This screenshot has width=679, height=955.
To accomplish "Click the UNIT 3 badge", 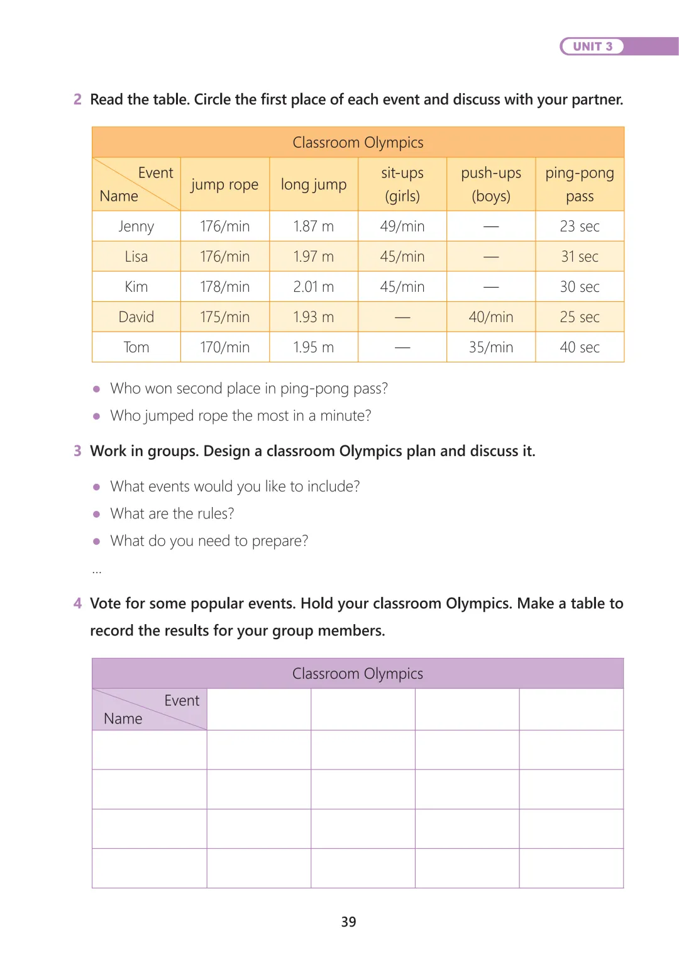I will click(592, 47).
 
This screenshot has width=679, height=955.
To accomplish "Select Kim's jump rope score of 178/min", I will click(224, 287).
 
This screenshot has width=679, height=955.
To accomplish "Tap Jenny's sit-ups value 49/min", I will click(402, 226).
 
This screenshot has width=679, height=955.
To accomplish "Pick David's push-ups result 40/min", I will click(490, 317).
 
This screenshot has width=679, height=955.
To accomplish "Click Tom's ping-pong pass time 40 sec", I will click(580, 347).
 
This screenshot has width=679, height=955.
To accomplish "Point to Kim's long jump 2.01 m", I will click(313, 287).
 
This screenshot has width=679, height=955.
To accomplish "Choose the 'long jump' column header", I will click(313, 184).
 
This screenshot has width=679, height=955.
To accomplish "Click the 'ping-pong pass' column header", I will click(580, 184).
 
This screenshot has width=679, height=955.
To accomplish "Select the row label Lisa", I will click(136, 257).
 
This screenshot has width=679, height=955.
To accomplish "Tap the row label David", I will click(136, 317).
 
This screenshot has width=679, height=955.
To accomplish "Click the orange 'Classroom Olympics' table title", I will click(358, 143).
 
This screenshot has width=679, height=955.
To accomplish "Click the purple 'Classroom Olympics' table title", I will click(358, 674).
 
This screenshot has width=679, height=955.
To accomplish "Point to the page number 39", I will click(348, 922).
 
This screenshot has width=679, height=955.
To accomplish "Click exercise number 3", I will click(77, 451).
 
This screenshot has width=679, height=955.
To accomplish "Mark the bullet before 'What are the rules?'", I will click(96, 514).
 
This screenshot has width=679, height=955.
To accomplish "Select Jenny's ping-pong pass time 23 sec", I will click(580, 226).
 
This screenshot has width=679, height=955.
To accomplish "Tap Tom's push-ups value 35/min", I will click(490, 347).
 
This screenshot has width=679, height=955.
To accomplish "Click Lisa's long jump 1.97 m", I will click(313, 257).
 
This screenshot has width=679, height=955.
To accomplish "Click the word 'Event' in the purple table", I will click(181, 701).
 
